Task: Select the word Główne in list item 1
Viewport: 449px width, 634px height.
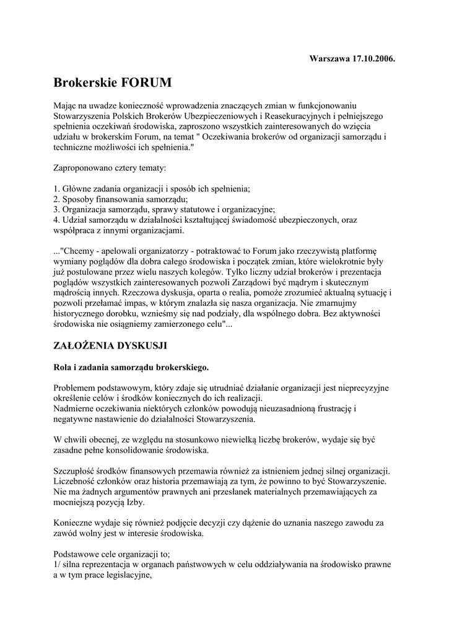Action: click(77, 188)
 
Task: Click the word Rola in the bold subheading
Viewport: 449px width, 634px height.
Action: click(64, 367)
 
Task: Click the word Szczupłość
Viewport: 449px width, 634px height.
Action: click(76, 471)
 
